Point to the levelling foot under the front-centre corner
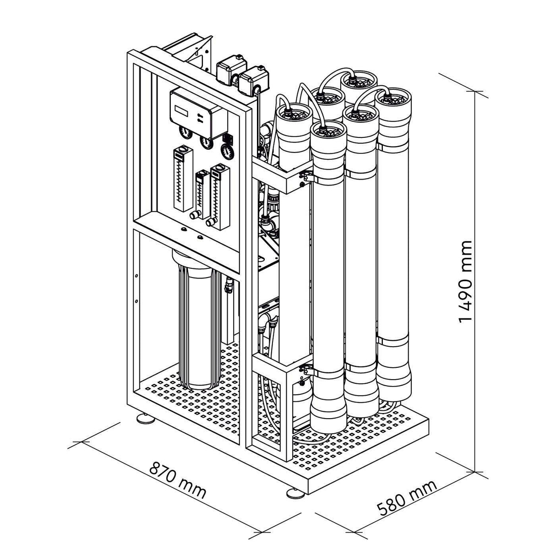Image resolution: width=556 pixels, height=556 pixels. click(295, 494)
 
